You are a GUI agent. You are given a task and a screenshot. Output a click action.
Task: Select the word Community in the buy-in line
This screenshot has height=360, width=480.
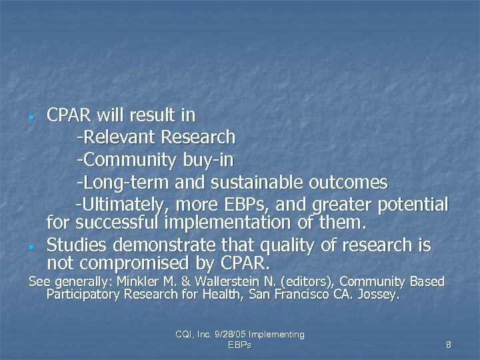pyautogui.click(x=127, y=160)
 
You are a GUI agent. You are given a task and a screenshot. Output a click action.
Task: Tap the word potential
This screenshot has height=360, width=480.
pyautogui.click(x=413, y=203)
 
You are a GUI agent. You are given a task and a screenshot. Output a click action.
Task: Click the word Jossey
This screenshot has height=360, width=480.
pyautogui.click(x=377, y=294)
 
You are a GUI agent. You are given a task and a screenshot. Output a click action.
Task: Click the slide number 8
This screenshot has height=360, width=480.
pyautogui.click(x=448, y=345)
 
